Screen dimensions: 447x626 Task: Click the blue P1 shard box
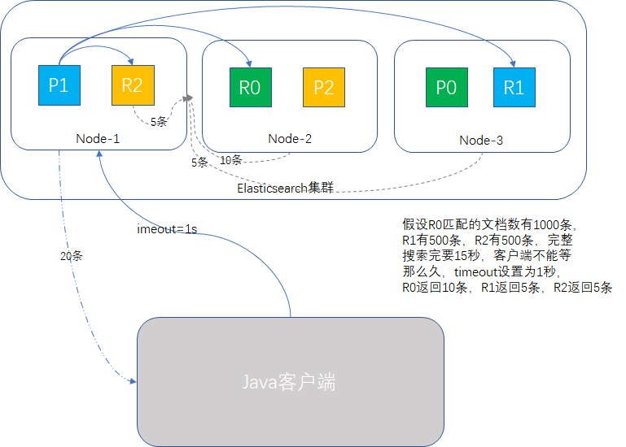(x=59, y=85)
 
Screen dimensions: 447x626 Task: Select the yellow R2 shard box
(x=132, y=85)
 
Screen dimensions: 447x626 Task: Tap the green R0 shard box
(x=250, y=87)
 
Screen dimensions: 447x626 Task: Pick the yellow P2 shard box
(x=323, y=87)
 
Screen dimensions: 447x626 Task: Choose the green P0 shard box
(x=446, y=87)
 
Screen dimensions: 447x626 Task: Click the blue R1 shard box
(x=514, y=87)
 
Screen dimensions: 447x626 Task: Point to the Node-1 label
(x=98, y=139)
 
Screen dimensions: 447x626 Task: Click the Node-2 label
(x=290, y=139)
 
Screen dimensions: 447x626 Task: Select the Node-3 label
(x=481, y=140)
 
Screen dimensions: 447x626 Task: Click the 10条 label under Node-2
(x=231, y=159)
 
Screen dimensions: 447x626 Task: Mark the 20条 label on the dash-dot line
(x=72, y=255)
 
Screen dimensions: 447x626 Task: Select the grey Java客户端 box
(x=290, y=382)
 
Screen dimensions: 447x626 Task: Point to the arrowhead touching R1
(x=513, y=63)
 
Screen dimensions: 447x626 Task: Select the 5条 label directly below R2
(x=159, y=123)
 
